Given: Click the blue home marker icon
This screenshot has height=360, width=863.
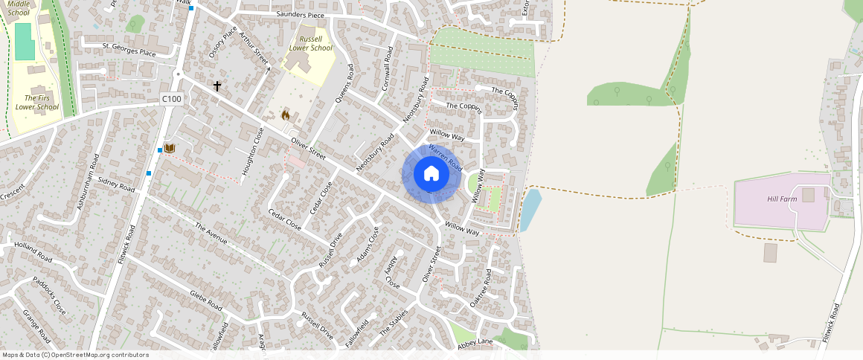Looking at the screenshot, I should point(431,173).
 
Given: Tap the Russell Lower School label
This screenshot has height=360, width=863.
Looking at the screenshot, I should point(311,43).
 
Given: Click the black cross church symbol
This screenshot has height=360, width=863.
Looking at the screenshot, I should point(217,86).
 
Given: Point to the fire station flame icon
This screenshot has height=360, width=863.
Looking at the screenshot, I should point(285,115).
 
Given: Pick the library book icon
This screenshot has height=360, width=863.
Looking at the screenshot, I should point(170,149).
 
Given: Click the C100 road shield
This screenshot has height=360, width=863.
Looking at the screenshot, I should point(172,99).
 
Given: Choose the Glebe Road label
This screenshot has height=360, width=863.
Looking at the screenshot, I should point(205,300).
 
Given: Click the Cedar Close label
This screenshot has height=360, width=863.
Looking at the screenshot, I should point(285,219).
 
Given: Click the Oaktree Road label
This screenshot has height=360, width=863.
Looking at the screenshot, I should point(481,290).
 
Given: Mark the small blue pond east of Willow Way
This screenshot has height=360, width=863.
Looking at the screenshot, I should point(529,209).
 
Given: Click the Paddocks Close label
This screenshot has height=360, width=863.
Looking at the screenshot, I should point(49,295).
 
